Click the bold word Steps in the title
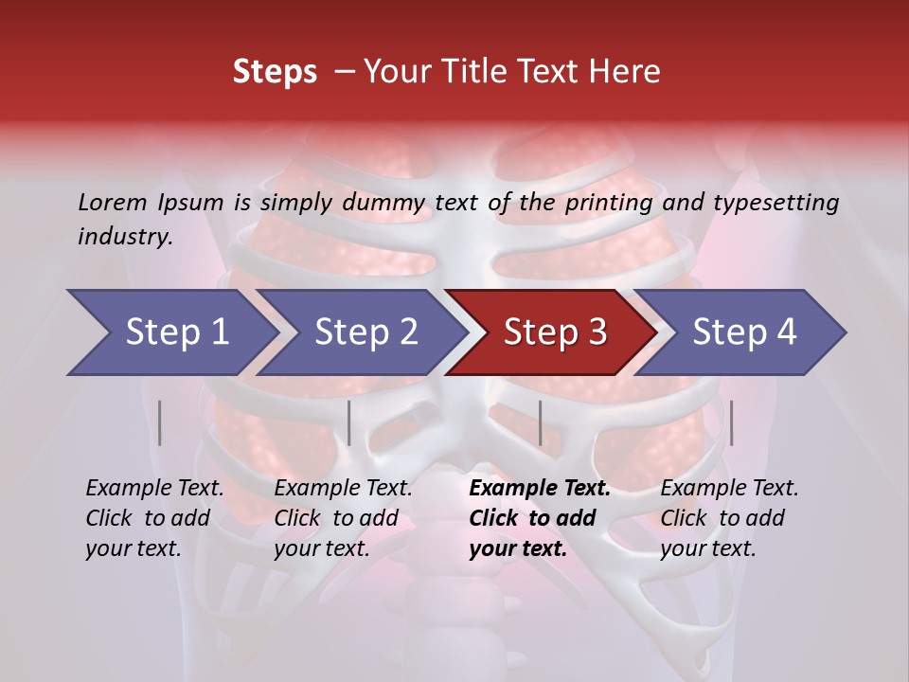275,72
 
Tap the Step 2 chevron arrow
365,332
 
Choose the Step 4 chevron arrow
744,332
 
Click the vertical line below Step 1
160,422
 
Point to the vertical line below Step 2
349,422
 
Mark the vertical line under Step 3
540,422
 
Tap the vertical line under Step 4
731,422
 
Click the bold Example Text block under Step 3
540,518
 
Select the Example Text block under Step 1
154,518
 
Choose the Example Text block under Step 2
343,518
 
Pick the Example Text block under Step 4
729,518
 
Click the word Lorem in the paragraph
113,202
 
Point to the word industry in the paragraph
124,236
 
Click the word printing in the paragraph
607,202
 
